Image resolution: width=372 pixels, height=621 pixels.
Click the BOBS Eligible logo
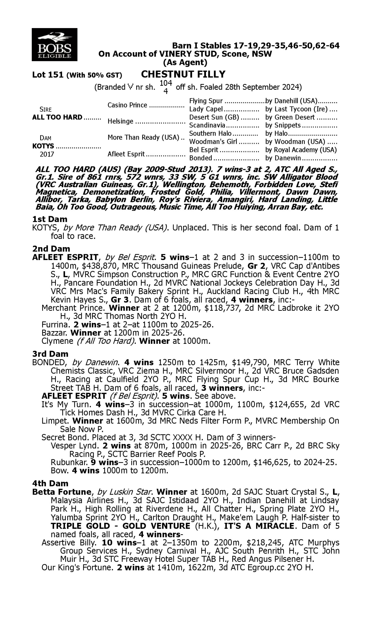(54, 44)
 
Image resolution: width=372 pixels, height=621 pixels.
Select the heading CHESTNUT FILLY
(183, 74)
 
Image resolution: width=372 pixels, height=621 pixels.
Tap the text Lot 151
(48, 75)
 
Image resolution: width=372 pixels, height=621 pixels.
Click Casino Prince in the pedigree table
(127, 105)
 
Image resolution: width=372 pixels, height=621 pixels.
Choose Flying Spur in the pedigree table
(206, 101)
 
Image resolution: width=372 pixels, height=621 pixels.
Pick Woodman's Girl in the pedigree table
(213, 142)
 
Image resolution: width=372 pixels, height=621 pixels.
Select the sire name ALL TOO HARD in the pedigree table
(57, 117)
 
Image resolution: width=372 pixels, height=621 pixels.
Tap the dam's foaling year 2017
(47, 154)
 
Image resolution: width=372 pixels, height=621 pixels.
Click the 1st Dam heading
(50, 219)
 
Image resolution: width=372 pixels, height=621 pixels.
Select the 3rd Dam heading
(50, 354)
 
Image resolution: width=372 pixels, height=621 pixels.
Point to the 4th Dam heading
(50, 483)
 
